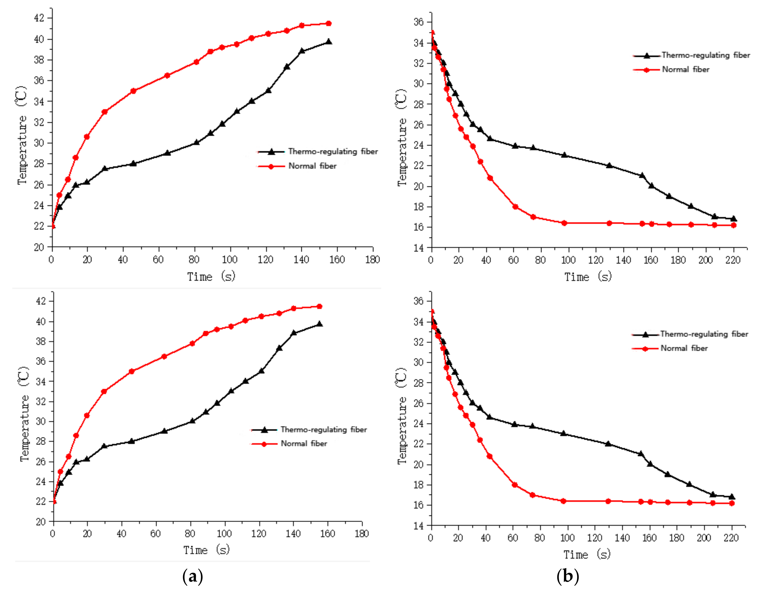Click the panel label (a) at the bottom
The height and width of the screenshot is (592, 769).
click(x=192, y=577)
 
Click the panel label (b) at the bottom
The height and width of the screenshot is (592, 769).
click(x=567, y=577)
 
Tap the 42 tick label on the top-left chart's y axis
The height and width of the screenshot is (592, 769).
click(x=39, y=18)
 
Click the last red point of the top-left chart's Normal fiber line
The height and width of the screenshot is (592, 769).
click(x=328, y=23)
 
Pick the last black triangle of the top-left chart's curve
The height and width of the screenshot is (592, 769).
click(x=328, y=42)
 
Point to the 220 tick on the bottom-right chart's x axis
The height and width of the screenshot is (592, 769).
click(x=731, y=538)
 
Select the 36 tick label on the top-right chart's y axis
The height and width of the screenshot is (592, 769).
click(x=419, y=22)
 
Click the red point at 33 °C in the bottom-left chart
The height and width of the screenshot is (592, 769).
click(x=104, y=391)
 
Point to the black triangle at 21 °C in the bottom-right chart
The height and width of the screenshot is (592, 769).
click(x=641, y=454)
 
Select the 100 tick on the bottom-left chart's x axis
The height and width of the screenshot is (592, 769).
click(x=224, y=534)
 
